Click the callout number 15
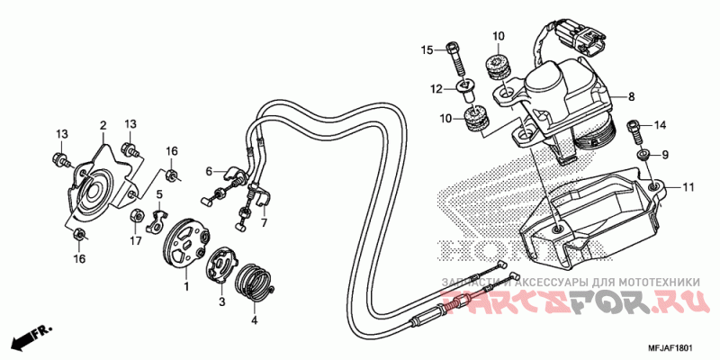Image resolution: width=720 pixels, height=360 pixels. pyautogui.click(x=427, y=49)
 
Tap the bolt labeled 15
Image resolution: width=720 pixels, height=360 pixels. pyautogui.click(x=455, y=59)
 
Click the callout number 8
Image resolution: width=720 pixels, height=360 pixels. pyautogui.click(x=632, y=97)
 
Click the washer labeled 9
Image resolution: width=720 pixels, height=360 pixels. pyautogui.click(x=643, y=155)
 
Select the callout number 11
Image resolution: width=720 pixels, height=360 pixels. pyautogui.click(x=688, y=187)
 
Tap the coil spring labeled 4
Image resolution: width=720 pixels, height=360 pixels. pyautogui.click(x=254, y=282)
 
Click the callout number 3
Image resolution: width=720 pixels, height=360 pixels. pyautogui.click(x=221, y=301)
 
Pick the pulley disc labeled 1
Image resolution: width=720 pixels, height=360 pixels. pyautogui.click(x=186, y=241)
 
